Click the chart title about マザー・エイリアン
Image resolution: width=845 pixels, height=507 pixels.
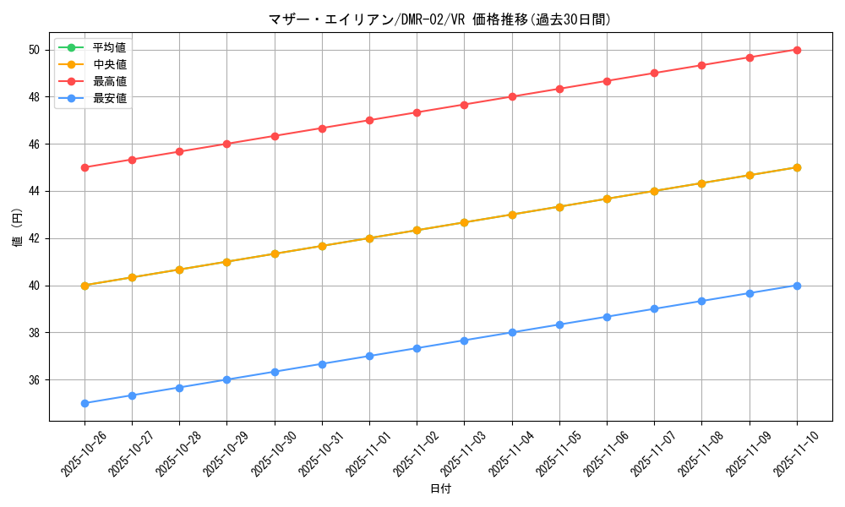point(439,19)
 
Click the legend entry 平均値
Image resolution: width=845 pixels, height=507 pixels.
point(109,47)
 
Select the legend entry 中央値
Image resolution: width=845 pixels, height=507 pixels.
point(109,64)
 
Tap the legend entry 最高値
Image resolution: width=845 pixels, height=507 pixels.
point(109,81)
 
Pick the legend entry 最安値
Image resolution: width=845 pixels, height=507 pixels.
point(109,98)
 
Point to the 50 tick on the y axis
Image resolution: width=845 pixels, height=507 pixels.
point(34,50)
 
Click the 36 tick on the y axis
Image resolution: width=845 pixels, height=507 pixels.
point(34,380)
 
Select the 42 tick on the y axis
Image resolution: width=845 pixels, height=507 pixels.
point(34,238)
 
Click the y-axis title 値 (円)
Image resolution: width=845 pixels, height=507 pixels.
point(17,228)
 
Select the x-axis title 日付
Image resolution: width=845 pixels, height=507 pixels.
point(440,489)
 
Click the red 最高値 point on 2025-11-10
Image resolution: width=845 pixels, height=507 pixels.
point(797,50)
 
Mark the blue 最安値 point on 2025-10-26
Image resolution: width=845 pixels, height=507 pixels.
point(84,403)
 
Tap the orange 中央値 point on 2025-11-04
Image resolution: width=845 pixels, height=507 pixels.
point(512,215)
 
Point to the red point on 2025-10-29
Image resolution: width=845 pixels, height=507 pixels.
point(226,144)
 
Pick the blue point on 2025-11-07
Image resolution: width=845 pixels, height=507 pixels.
point(654,308)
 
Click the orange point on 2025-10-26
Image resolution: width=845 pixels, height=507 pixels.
point(84,286)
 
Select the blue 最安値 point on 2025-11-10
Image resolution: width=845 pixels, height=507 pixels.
point(797,286)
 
